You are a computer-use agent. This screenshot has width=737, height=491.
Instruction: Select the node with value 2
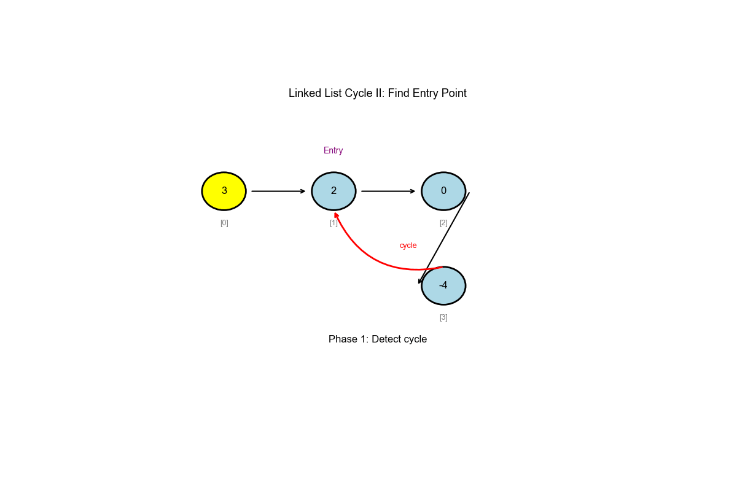[x=333, y=191]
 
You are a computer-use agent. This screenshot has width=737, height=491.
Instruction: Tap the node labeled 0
[x=443, y=191]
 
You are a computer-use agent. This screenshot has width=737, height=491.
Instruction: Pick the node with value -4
[x=443, y=285]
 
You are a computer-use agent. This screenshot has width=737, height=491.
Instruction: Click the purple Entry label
[x=333, y=150]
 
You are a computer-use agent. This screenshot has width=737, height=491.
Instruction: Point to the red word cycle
[x=408, y=245]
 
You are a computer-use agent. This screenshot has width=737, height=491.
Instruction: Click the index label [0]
[x=224, y=223]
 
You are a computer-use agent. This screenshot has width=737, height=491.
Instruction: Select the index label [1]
[x=333, y=223]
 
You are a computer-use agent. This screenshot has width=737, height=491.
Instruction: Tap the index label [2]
[x=443, y=223]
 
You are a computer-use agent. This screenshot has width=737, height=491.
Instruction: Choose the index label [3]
[x=443, y=317]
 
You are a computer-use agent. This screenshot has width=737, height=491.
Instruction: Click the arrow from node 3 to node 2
[x=278, y=191]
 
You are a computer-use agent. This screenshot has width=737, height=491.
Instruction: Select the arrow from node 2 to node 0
[x=388, y=191]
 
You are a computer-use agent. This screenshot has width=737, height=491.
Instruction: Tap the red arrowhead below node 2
[x=336, y=215]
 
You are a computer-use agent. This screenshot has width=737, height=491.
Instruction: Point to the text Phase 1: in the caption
[x=348, y=339]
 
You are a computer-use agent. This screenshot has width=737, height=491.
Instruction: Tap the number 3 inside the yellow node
[x=224, y=191]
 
